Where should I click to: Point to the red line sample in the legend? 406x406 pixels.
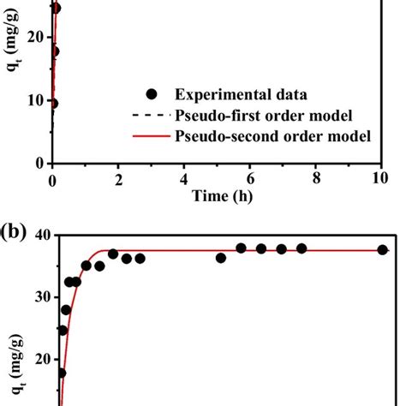[152, 136]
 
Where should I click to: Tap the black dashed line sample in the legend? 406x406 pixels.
[152, 116]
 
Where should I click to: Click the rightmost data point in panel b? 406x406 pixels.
[382, 250]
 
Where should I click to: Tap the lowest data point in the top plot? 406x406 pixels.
[53, 104]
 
